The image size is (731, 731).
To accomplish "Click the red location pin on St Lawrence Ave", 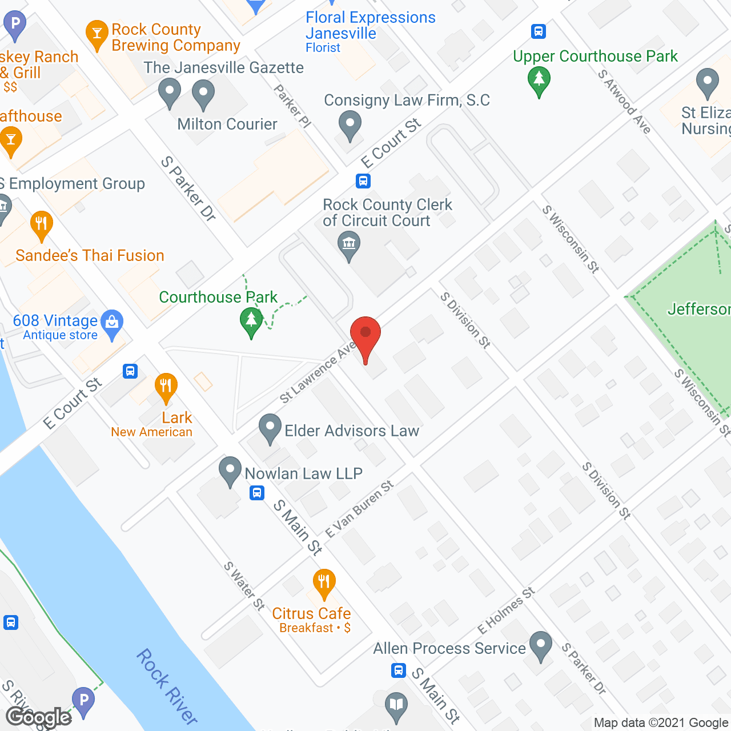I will tap(365, 337).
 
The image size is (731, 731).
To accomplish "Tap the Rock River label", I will tap(166, 685).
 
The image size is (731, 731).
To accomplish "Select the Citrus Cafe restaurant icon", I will tap(324, 584).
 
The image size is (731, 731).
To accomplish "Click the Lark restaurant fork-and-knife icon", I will tap(166, 388).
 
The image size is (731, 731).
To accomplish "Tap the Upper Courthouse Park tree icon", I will tap(539, 81).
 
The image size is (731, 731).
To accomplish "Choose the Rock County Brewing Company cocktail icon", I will tap(97, 35).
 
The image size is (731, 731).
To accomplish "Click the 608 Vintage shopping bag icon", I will tap(112, 324).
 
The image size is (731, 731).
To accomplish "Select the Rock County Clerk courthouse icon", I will tap(348, 245).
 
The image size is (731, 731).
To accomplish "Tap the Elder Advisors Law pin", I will tap(270, 429).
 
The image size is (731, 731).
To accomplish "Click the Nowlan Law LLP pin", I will tap(230, 471).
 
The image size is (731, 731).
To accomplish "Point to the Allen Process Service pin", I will tap(540, 645).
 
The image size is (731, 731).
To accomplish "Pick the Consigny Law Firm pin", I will tap(350, 125).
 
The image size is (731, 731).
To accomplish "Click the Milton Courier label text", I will tap(227, 124).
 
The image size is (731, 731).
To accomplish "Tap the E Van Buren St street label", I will tap(359, 509).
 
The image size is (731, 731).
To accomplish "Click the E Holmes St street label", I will tap(506, 610).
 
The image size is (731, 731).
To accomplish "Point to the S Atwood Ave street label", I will tap(624, 101).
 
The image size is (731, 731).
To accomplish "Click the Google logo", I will tap(39, 717).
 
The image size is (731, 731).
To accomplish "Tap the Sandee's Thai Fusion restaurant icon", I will tap(41, 225).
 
